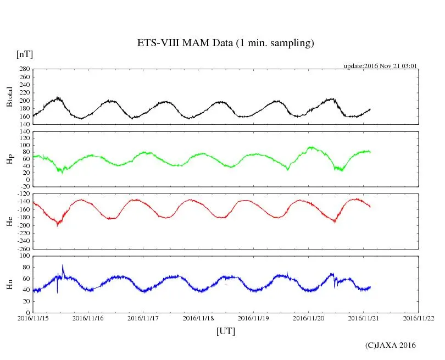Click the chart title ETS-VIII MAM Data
(225, 43)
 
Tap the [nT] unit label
(25, 54)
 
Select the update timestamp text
(381, 66)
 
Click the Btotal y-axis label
(9, 97)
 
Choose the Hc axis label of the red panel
(9, 221)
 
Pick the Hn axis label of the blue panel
(9, 284)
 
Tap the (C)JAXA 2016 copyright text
(391, 345)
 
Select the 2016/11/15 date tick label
(33, 318)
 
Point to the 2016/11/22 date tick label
(419, 318)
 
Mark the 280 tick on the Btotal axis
(24, 69)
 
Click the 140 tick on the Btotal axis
(24, 124)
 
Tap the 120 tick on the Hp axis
(24, 132)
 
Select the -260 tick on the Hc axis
(22, 249)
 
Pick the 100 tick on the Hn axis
(24, 256)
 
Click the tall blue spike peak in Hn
(63, 265)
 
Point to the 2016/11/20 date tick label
(309, 318)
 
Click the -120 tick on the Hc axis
(22, 194)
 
